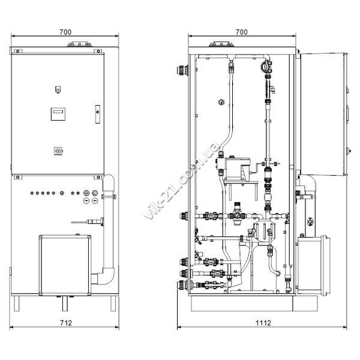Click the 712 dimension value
66,323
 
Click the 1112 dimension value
263,323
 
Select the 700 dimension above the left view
65,32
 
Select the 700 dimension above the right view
242,32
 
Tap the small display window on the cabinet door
58,114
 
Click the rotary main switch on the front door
58,151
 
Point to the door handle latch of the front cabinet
98,114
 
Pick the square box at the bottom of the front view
65,265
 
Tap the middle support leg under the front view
65,304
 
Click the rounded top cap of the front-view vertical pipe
109,181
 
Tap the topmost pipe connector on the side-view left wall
182,70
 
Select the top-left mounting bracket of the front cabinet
18,51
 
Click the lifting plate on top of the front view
79,44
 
